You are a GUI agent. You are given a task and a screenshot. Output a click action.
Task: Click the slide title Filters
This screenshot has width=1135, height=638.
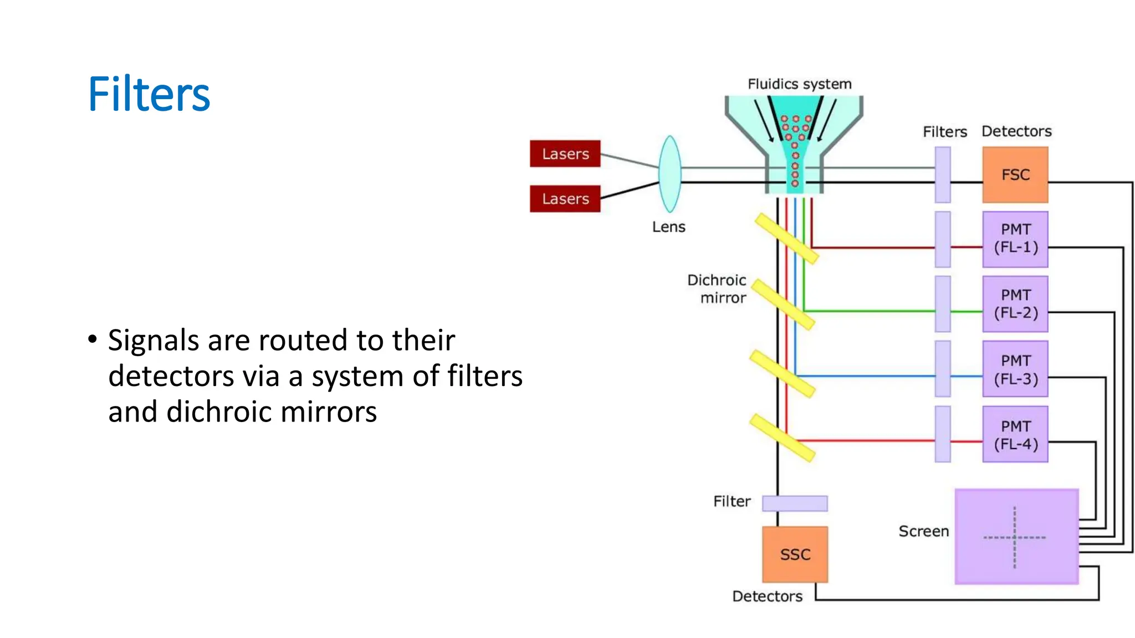coord(149,94)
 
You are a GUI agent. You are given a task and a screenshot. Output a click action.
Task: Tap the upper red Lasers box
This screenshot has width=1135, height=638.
coord(565,154)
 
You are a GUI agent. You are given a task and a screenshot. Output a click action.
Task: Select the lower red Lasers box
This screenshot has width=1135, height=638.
coord(565,199)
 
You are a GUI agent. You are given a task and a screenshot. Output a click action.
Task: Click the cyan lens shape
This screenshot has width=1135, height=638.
coord(669,174)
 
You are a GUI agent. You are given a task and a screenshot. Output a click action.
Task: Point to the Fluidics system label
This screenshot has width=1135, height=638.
coord(799,84)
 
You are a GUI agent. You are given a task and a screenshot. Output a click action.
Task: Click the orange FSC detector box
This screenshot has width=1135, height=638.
coord(1015,175)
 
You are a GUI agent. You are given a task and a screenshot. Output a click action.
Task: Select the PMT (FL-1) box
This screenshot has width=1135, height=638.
coord(1015,239)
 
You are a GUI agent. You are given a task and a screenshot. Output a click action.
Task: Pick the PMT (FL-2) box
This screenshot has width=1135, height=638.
coord(1015,304)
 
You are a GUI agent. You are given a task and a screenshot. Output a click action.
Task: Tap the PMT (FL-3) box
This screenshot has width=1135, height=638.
coord(1015,369)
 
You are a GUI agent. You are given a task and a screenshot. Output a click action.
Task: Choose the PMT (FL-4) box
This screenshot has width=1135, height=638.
coord(1015,435)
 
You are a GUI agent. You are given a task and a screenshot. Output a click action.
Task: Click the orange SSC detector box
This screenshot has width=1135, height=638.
coord(795,554)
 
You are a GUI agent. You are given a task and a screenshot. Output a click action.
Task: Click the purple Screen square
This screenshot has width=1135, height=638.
coord(1016,537)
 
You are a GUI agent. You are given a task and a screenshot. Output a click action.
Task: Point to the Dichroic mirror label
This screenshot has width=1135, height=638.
coord(717,289)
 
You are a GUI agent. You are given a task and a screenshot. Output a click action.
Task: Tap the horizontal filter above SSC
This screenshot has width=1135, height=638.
coord(795,503)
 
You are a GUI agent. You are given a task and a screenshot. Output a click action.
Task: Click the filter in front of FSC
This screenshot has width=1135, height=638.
coord(942,174)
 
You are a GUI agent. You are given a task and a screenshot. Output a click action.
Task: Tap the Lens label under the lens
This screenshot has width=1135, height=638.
coord(668,227)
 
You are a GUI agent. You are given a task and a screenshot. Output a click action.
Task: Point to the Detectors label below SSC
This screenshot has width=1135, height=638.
coord(767,596)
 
